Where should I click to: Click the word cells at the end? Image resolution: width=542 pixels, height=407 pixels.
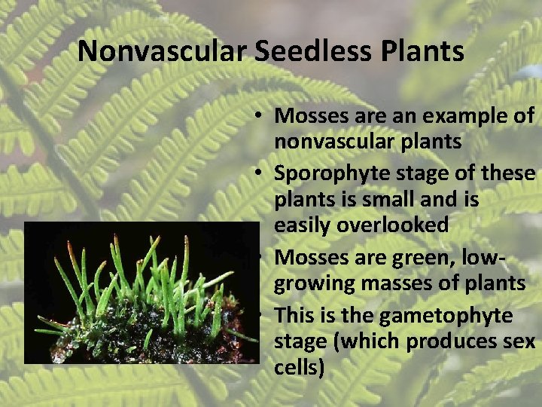coord(299,368)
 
